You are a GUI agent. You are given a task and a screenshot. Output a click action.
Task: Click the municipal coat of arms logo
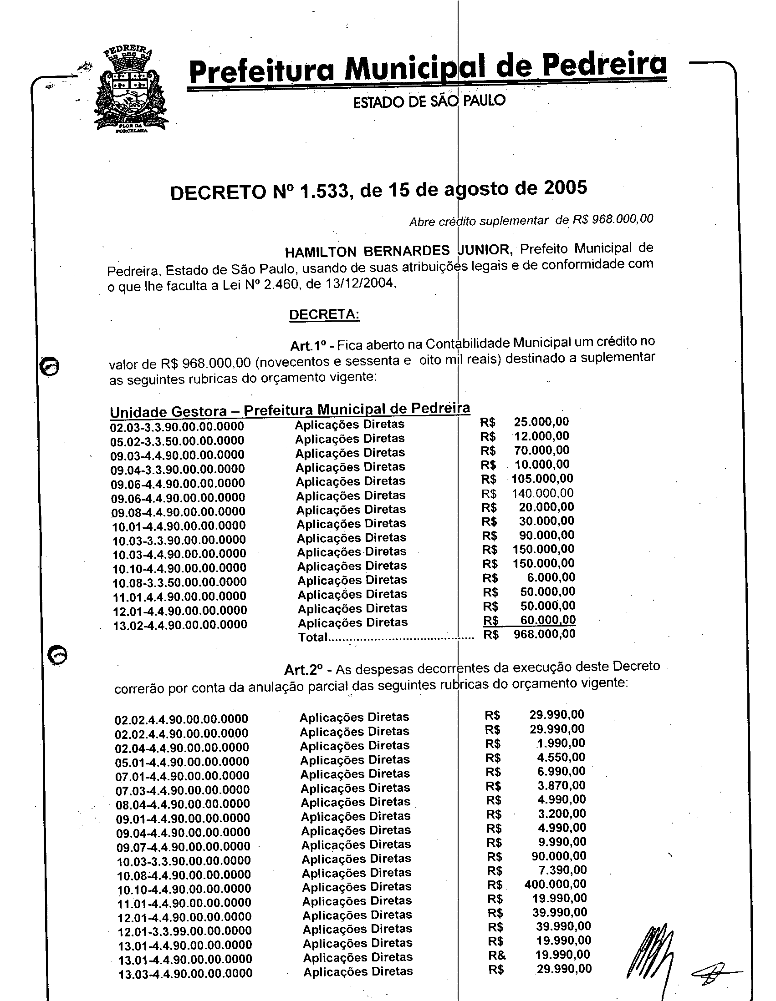(x=130, y=89)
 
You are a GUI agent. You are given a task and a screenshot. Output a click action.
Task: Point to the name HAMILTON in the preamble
(x=320, y=252)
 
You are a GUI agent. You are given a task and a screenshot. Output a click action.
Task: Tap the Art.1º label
(x=308, y=345)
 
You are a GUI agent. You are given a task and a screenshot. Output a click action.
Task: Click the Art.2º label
(x=303, y=670)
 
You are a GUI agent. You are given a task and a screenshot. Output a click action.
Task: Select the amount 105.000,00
(x=542, y=479)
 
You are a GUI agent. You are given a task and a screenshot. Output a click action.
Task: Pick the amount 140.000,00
(x=542, y=493)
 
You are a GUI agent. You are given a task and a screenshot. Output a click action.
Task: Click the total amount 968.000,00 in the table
(x=544, y=634)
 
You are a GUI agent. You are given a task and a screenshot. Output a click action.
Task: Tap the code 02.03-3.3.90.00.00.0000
(x=177, y=427)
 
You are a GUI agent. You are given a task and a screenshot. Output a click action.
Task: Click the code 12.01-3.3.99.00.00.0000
(x=185, y=930)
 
